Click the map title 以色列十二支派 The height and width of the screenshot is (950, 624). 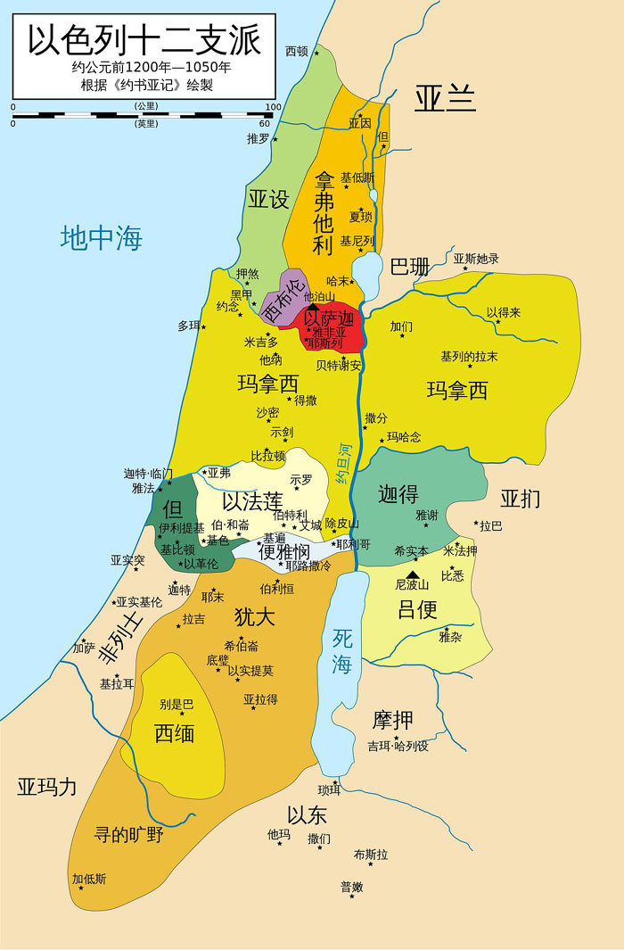pyautogui.click(x=144, y=40)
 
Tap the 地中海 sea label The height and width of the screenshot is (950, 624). pyautogui.click(x=102, y=238)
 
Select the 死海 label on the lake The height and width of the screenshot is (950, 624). pyautogui.click(x=342, y=650)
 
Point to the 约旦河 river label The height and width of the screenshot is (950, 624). pyautogui.click(x=344, y=464)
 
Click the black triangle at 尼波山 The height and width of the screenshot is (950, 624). pyautogui.click(x=412, y=574)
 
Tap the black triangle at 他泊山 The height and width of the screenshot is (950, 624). pyautogui.click(x=312, y=307)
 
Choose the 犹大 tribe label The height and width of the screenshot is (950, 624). pyautogui.click(x=254, y=616)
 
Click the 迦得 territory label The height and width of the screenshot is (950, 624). pyautogui.click(x=398, y=493)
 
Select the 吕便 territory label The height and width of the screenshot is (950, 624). pyautogui.click(x=417, y=610)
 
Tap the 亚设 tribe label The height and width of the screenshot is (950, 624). pyautogui.click(x=268, y=199)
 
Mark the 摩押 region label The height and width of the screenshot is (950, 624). pyautogui.click(x=393, y=720)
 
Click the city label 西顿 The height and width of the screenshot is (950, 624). pyautogui.click(x=296, y=51)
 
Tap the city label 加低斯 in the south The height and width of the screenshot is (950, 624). pyautogui.click(x=89, y=879)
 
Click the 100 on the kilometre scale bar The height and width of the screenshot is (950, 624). pyautogui.click(x=273, y=107)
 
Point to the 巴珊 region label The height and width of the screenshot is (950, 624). pyautogui.click(x=409, y=267)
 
